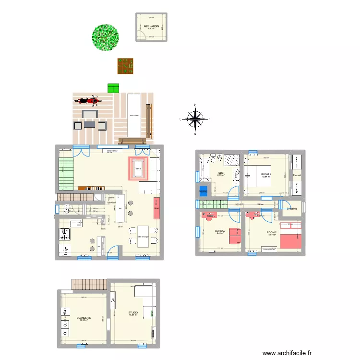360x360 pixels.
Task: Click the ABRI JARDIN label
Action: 151,26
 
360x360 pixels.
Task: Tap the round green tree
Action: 105,36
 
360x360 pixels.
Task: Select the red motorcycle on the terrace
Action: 87,101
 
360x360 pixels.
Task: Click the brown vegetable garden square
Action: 126,66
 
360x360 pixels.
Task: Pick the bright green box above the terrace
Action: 113,88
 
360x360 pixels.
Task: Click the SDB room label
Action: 221,173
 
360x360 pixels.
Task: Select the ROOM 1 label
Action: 266,175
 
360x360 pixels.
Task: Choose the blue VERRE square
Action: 204,191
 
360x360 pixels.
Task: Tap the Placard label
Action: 297,175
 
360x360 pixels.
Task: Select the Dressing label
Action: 292,208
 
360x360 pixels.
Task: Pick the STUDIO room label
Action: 133,313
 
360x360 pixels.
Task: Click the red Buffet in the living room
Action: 156,207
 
